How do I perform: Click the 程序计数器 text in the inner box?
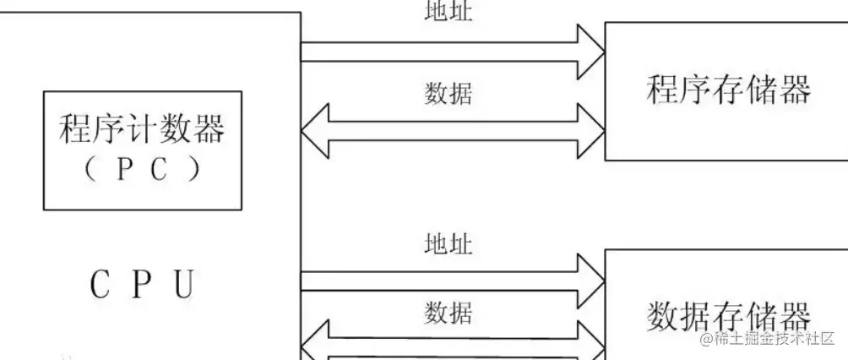tap(142, 130)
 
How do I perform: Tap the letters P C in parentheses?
tap(142, 169)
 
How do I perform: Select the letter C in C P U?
tap(100, 285)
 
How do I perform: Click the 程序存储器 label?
tap(728, 89)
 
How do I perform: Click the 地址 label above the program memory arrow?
tap(448, 12)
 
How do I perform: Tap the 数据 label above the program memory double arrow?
tap(448, 93)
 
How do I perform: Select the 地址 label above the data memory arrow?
tap(448, 244)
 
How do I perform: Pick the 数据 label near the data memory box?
tap(448, 314)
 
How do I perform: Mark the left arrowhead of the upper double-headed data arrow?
tap(314, 131)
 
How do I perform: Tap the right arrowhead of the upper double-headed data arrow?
tap(591, 131)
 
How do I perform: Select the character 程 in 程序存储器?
tap(663, 89)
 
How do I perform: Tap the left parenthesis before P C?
tap(91, 169)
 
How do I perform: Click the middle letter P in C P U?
tap(142, 285)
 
